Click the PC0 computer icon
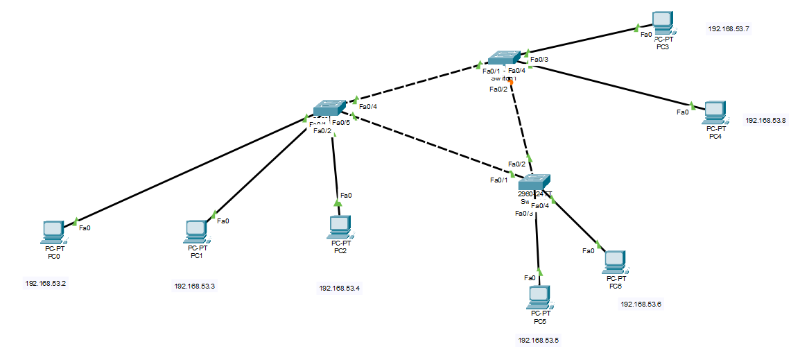53,232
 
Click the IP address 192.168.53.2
46,283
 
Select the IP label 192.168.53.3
195,286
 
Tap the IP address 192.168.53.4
340,288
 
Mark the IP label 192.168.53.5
538,340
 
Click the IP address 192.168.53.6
641,304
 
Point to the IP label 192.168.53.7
729,29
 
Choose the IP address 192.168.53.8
766,120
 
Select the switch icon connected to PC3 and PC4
503,58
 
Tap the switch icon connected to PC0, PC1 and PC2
329,108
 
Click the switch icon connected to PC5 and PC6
534,181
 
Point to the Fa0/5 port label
340,122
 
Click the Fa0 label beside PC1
223,221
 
